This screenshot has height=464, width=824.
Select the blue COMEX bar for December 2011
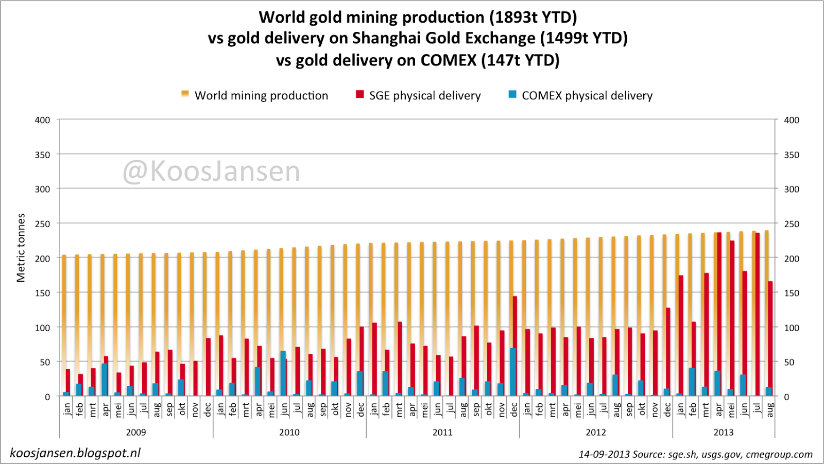pos(513,372)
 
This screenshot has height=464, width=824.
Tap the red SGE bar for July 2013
pos(758,314)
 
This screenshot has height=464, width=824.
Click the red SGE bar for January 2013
pos(681,335)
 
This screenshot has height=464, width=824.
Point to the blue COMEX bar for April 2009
pos(105,380)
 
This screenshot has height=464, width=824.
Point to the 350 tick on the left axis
pos(42,154)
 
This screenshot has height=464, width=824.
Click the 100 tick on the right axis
pos(792,328)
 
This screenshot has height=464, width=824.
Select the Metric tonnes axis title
pos(21,248)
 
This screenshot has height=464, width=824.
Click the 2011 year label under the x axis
pos(442,432)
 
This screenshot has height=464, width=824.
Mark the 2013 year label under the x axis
pos(723,432)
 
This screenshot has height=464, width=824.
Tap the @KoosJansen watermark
pos(211,171)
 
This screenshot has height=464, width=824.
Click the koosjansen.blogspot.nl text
pos(75,453)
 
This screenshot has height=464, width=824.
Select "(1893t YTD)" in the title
pos(533,17)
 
